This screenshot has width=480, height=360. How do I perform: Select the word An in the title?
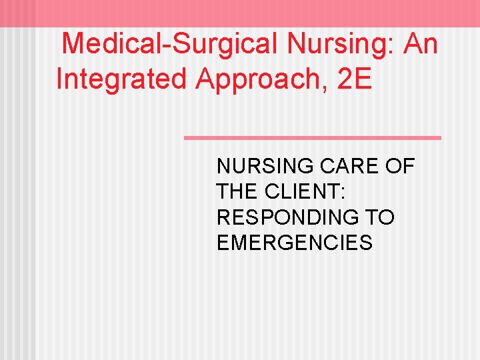(x=420, y=45)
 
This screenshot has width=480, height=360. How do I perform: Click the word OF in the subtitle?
(x=399, y=167)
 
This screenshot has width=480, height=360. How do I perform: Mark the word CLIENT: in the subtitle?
(x=303, y=192)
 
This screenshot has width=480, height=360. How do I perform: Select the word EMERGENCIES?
(x=294, y=243)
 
